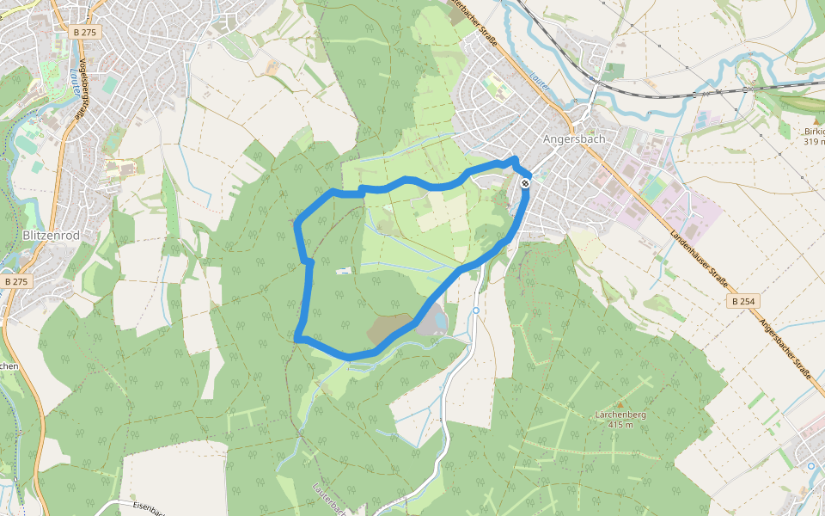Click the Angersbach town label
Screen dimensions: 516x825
click(575, 138)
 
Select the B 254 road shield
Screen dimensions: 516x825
click(744, 301)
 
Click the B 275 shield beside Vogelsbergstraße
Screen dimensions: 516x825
click(86, 32)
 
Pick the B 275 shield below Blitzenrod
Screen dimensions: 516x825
click(15, 281)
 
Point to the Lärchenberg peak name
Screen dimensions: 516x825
click(620, 415)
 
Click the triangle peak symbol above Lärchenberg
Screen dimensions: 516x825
click(620, 403)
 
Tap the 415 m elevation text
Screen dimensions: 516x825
click(620, 425)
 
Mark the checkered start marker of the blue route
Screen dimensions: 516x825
click(524, 182)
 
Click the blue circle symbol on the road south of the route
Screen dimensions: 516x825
click(475, 310)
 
